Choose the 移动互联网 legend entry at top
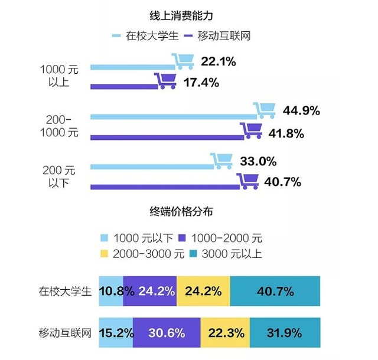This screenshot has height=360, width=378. coord(218,36)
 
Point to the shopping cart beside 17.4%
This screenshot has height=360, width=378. coord(165,81)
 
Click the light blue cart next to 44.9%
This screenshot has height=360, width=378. coord(264,110)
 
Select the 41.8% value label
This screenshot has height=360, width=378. coord(285,134)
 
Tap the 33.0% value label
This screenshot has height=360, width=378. coord(258,161)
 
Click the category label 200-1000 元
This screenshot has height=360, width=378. coord(58,125)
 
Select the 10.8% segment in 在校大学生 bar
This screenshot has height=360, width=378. coord(110,290)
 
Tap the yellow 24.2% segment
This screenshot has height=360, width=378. coord(203,290)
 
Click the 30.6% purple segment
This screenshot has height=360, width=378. coord(167,333)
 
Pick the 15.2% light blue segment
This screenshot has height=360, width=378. coord(115,333)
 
